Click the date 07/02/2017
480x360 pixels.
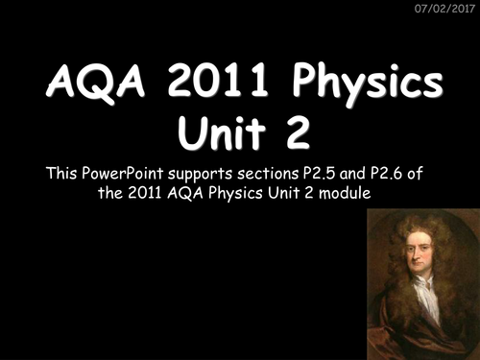[443, 10]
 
